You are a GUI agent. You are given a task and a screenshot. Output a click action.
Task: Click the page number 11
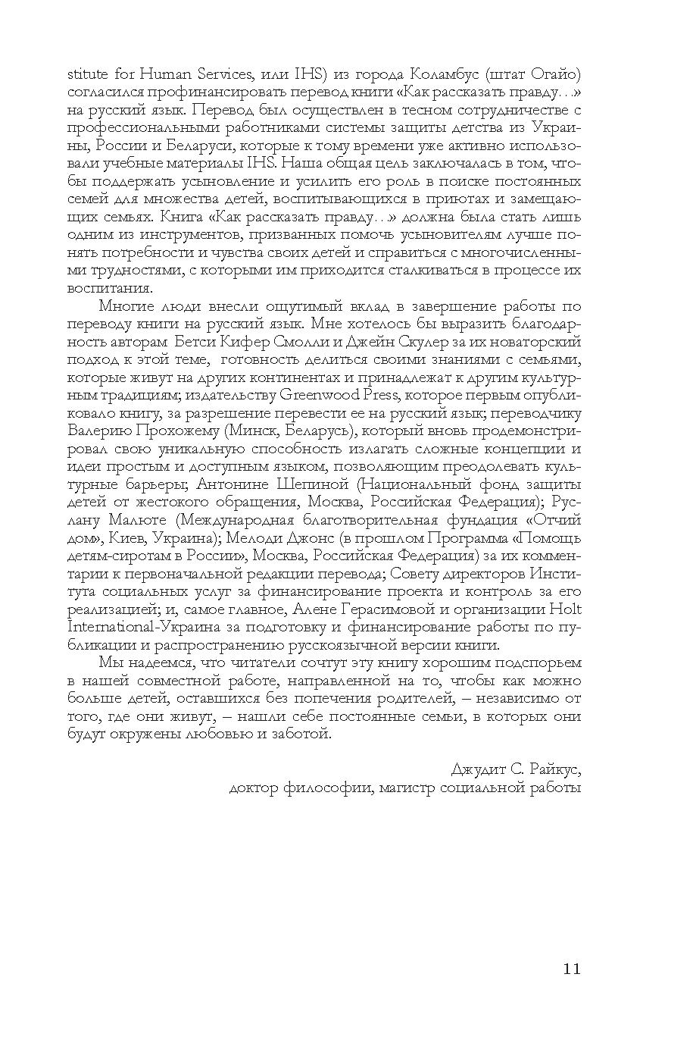[x=571, y=968]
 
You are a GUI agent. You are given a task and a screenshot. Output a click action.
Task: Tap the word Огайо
[x=554, y=74]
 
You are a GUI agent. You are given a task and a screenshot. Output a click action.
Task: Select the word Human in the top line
[x=144, y=74]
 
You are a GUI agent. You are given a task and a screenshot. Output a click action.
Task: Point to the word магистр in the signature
[x=417, y=788]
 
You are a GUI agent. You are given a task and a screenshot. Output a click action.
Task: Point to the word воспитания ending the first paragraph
[x=110, y=288]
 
